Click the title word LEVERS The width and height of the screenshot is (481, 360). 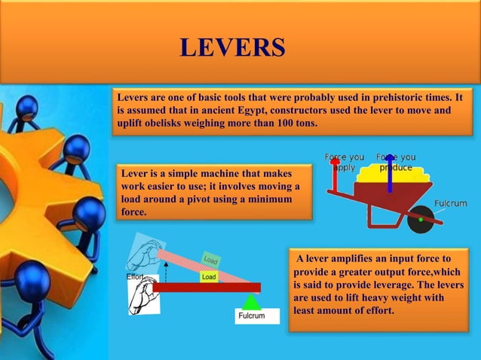(x=233, y=47)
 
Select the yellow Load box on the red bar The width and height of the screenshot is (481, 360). (x=209, y=277)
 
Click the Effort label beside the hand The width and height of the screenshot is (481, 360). (x=136, y=277)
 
